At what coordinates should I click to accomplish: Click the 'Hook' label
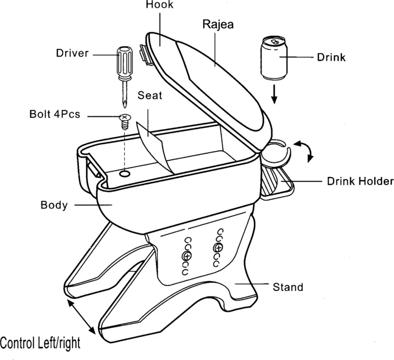159,4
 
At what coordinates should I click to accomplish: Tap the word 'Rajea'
218,24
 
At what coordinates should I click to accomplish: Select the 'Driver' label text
72,53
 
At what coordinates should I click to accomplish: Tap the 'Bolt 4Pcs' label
55,114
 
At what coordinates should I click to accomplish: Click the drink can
274,58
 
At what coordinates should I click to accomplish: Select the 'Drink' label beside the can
331,58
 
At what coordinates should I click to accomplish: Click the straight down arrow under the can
274,94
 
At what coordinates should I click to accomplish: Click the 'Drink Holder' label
360,181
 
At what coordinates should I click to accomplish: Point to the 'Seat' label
150,95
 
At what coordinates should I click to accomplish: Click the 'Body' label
54,205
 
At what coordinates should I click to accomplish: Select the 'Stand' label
288,287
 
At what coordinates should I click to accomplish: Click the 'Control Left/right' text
40,343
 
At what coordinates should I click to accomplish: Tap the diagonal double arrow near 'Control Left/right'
81,317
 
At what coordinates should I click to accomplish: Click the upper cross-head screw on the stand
218,248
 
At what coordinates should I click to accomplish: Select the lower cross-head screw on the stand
186,256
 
